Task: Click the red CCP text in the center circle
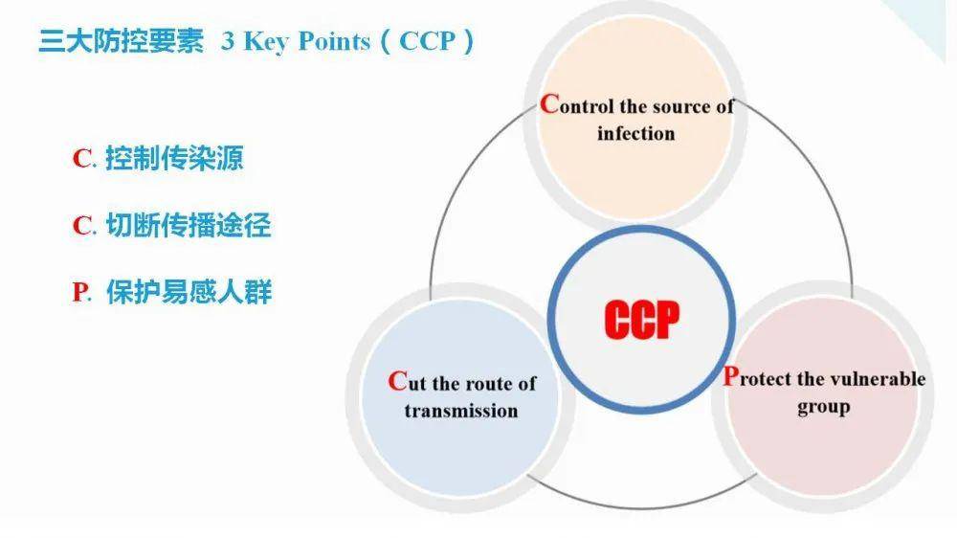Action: click(x=641, y=320)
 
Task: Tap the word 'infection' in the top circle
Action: click(x=636, y=133)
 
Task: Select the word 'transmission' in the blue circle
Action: click(x=461, y=411)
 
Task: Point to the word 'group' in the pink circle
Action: click(x=823, y=407)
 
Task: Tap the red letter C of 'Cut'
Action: click(x=397, y=381)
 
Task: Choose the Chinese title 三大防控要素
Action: click(x=121, y=41)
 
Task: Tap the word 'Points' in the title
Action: click(x=334, y=41)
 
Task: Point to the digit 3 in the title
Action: click(x=228, y=41)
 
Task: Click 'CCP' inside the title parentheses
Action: click(x=427, y=41)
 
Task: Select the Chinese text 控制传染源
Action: click(x=174, y=158)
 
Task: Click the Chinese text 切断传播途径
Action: click(x=189, y=225)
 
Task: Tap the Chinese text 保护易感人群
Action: click(x=189, y=292)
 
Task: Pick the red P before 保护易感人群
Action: click(x=79, y=293)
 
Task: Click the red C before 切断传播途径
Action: click(x=81, y=225)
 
